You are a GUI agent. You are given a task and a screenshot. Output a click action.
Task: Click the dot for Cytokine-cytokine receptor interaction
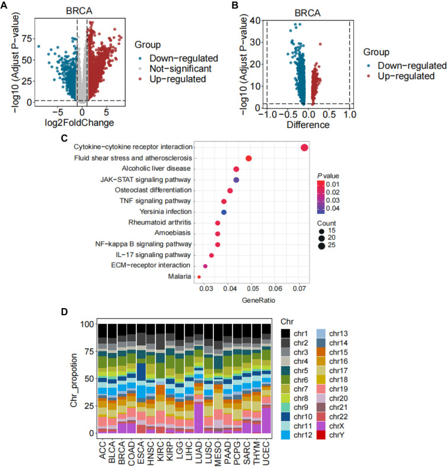point(304,148)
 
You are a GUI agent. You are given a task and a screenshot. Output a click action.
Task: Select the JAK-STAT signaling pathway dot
point(236,179)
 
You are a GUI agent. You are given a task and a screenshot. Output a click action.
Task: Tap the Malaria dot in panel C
point(199,277)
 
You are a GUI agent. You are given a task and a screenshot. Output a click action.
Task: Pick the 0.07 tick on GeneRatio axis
point(299,289)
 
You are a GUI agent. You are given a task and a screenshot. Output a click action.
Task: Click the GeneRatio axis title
point(254,301)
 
